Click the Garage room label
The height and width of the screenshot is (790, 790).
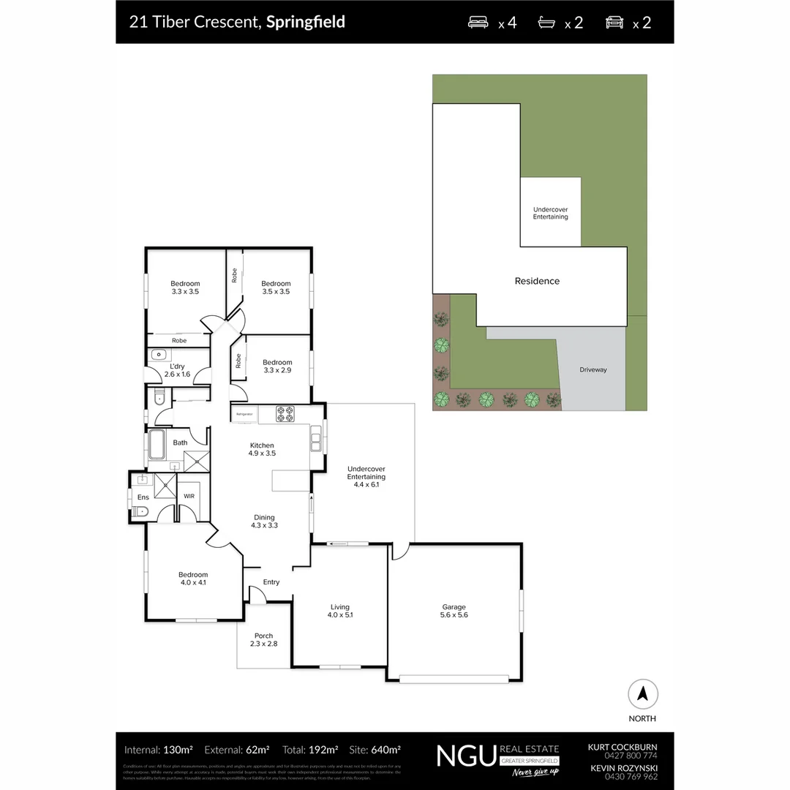tap(454, 611)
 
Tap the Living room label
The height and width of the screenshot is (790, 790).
tap(340, 611)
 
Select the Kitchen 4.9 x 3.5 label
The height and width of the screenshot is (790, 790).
tap(262, 449)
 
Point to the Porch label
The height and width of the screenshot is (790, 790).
tap(263, 639)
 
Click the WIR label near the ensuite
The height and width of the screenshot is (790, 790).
tap(189, 496)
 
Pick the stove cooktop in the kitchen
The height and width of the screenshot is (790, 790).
tap(285, 414)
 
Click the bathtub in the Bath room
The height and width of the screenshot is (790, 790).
tap(157, 443)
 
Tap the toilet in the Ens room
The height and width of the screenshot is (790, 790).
tap(142, 511)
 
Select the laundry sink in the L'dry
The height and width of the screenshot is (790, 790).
tap(159, 355)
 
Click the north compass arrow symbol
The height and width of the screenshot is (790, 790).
tap(643, 693)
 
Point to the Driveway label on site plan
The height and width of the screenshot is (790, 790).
tap(593, 370)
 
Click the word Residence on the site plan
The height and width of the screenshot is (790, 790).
tap(537, 281)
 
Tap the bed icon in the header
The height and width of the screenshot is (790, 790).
tap(479, 22)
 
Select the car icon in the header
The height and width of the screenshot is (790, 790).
tap(614, 22)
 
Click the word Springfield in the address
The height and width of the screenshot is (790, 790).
tap(305, 22)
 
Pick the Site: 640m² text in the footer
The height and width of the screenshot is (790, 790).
tap(375, 750)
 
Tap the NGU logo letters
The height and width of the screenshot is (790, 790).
tap(465, 756)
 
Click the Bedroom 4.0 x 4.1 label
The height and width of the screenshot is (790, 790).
tap(193, 579)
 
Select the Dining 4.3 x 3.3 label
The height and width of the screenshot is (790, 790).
tap(264, 521)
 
